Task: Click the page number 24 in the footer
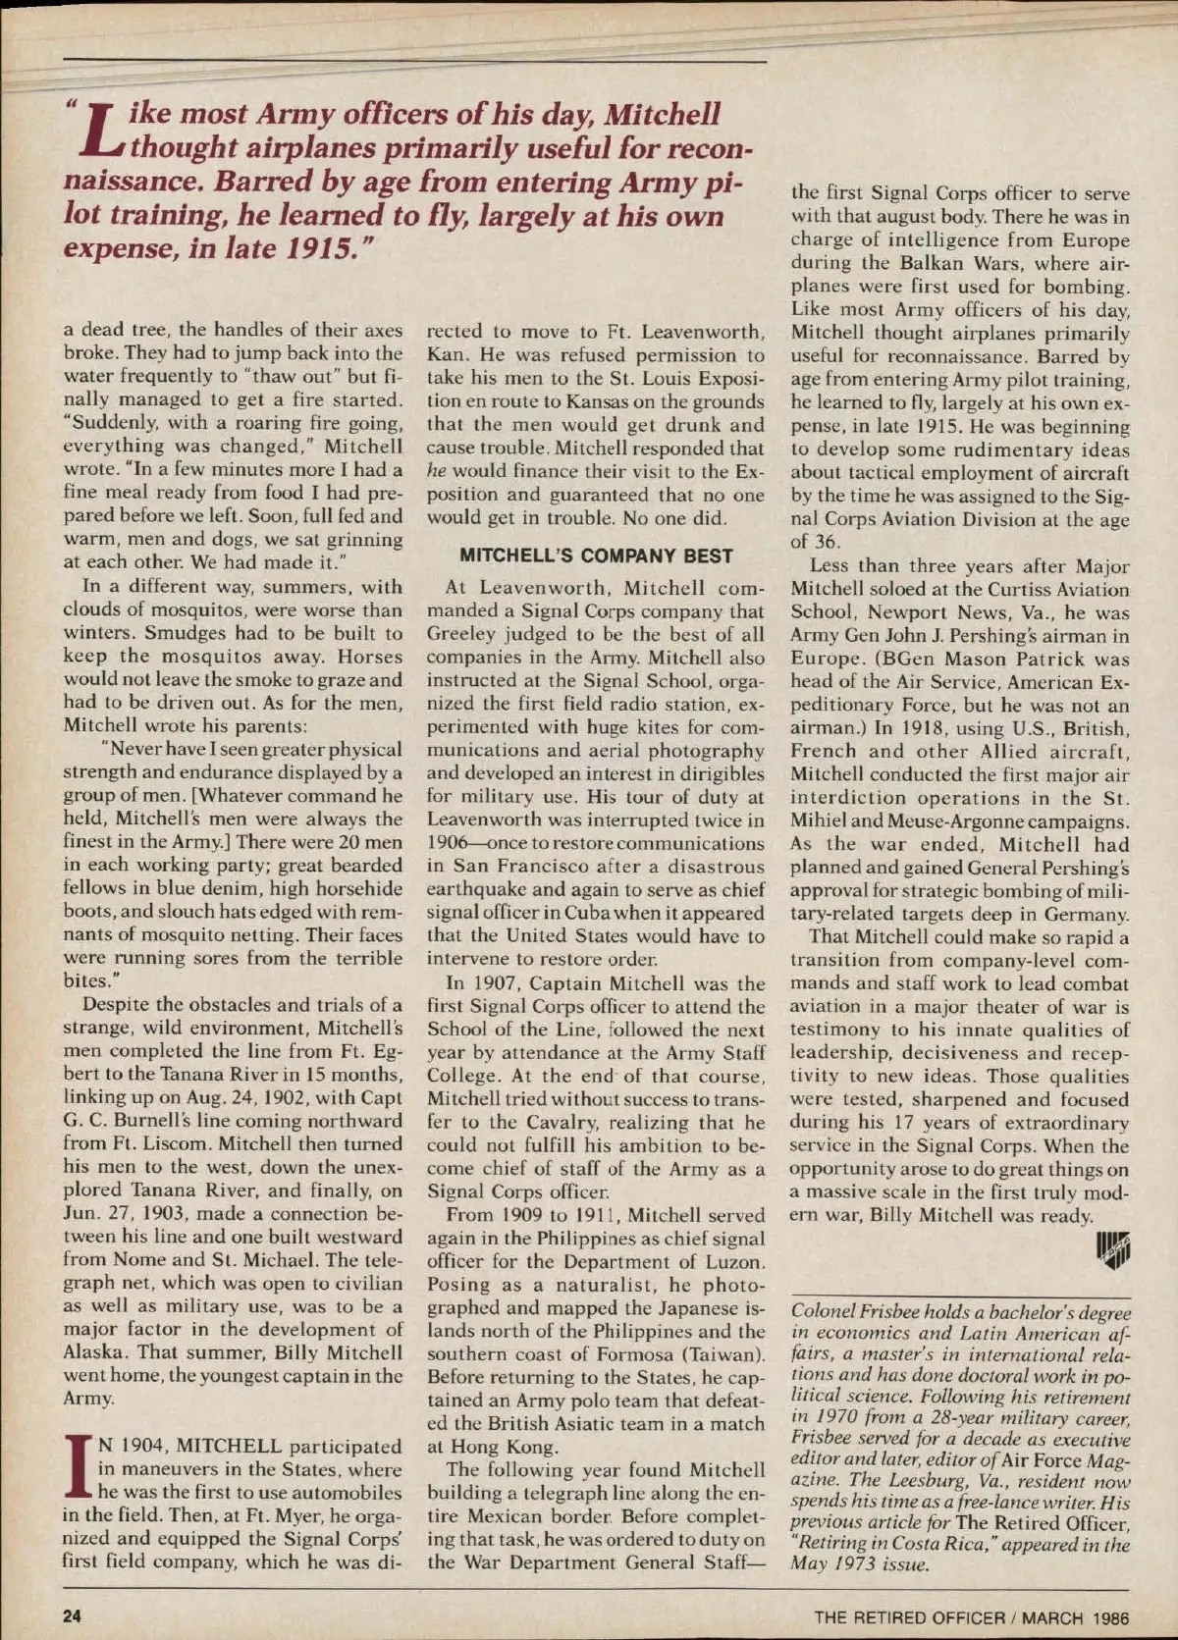pyautogui.click(x=72, y=1616)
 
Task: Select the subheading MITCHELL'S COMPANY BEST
pyautogui.click(x=597, y=555)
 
